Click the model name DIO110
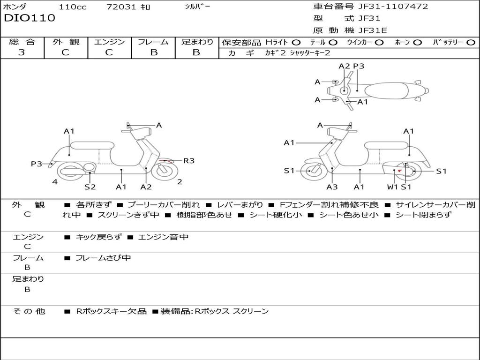[30, 18]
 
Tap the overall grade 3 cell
[22, 52]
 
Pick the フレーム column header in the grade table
[153, 42]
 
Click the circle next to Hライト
[296, 42]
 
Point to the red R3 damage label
[188, 161]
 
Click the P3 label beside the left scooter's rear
[37, 164]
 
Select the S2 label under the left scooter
[90, 187]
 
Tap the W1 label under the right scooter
[392, 187]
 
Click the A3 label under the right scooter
[332, 187]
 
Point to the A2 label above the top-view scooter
[344, 66]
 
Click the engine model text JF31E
[373, 30]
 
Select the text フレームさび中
[103, 258]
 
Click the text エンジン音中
[163, 237]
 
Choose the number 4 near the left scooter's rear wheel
[55, 182]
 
